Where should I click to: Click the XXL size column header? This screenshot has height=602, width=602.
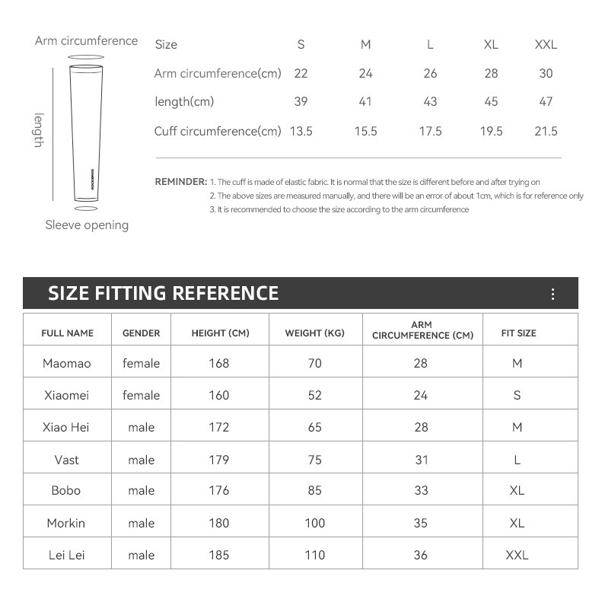tap(546, 44)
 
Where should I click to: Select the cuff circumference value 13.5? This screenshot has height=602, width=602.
tap(301, 131)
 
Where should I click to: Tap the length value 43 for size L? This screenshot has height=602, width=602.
tap(430, 101)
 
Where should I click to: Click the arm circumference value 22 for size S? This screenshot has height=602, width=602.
tap(301, 73)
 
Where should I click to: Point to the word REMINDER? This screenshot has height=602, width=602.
tap(180, 182)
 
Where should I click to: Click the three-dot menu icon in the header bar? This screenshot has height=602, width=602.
tap(553, 295)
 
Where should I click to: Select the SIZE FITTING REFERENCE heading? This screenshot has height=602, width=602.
tap(163, 293)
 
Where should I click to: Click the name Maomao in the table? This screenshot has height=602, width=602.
tap(67, 363)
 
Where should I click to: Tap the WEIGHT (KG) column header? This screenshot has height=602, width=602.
tap(314, 333)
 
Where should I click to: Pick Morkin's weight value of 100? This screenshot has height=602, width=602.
tap(314, 523)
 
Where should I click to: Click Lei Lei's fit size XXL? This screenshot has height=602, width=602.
tap(517, 555)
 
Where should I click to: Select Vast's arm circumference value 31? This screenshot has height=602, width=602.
tap(421, 460)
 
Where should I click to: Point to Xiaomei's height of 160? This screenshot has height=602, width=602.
tap(218, 395)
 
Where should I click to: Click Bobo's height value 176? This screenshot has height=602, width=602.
tap(218, 491)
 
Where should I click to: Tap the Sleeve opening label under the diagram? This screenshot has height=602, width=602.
tap(87, 225)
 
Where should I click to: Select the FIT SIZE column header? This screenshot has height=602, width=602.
tap(518, 333)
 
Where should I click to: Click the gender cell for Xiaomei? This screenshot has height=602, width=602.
tap(141, 395)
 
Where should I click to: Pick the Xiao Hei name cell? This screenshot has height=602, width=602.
tap(67, 427)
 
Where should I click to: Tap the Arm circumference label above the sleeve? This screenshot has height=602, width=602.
tap(86, 40)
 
